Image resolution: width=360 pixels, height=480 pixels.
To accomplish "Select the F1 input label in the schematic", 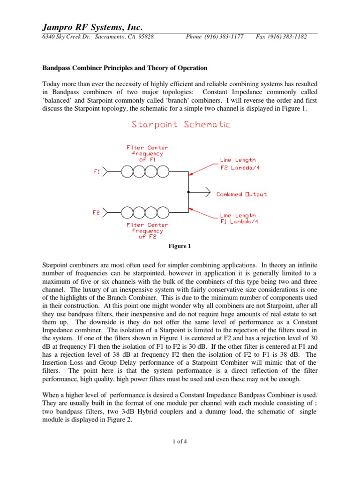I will click(97, 172).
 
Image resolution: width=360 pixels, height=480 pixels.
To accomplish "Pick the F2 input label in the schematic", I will click(97, 212).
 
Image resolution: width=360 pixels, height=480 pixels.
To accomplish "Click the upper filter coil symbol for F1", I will click(145, 172).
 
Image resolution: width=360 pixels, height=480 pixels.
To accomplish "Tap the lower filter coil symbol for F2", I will click(145, 213).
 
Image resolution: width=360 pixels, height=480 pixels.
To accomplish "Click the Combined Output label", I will click(241, 194).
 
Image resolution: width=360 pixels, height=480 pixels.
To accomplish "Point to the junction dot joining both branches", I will click(188, 192).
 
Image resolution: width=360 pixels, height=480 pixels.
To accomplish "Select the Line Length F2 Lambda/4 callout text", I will click(238, 164).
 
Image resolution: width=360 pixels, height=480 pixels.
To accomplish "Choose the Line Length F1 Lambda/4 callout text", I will click(238, 218).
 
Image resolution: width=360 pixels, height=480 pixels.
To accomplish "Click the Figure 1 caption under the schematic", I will click(180, 246).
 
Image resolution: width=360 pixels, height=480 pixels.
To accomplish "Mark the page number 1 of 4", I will click(180, 441).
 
